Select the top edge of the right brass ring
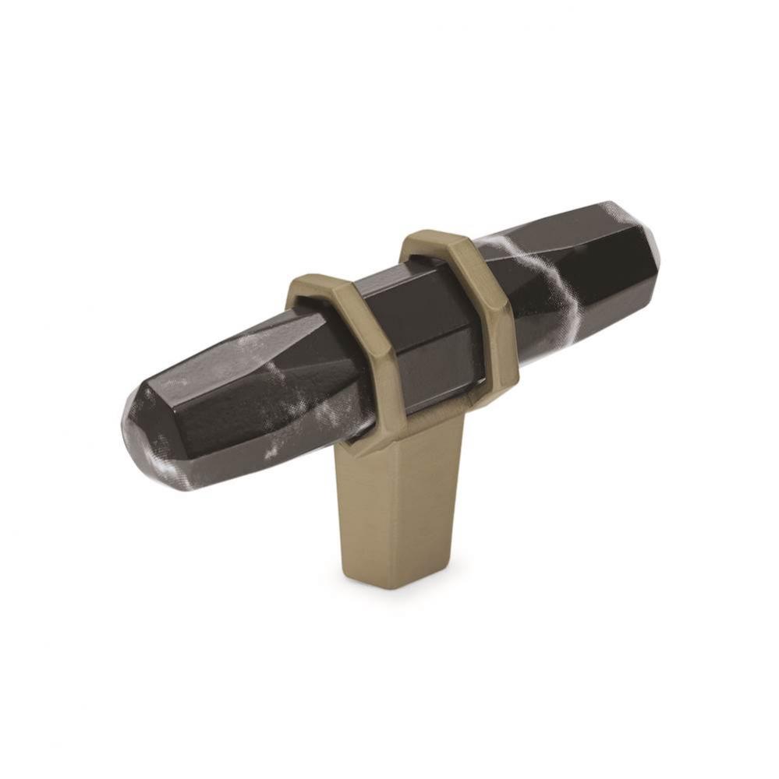pos(429,235)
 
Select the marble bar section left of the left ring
pos(234,397)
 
